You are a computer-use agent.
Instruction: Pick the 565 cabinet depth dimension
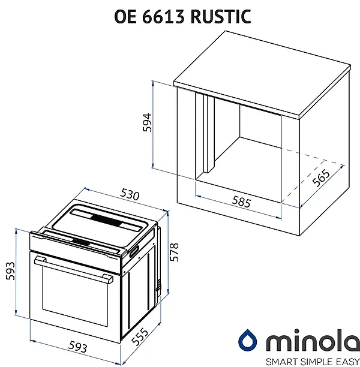(320, 179)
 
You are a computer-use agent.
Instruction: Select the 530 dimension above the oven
(130, 195)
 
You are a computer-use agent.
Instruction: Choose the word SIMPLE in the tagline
(305, 360)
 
